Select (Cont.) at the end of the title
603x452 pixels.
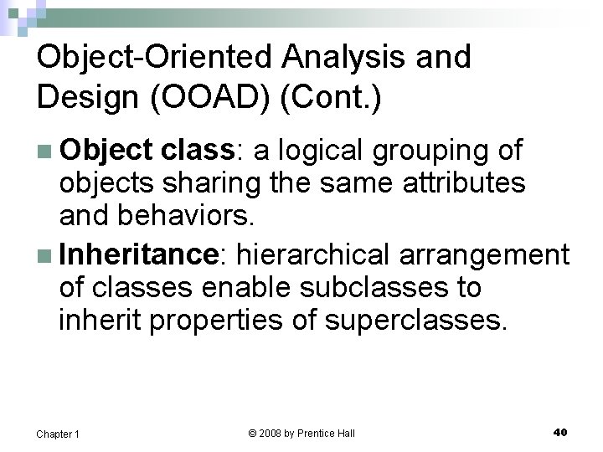tap(332, 97)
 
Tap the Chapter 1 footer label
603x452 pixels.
tap(58, 434)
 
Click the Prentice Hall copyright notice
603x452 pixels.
tap(301, 433)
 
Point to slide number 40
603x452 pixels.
tap(560, 432)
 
